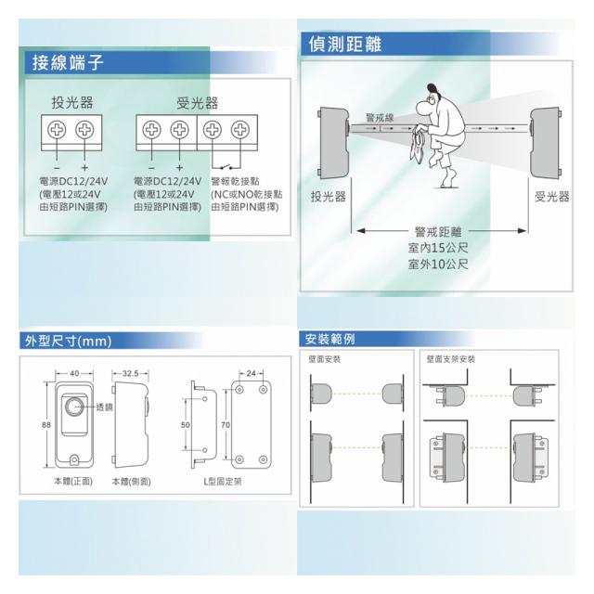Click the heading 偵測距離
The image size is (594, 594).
[x=344, y=44]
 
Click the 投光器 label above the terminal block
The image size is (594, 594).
[x=71, y=101]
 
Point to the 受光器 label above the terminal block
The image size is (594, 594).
[x=197, y=101]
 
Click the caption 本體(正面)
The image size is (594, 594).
[x=71, y=481]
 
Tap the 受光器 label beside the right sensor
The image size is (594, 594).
[x=551, y=196]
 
